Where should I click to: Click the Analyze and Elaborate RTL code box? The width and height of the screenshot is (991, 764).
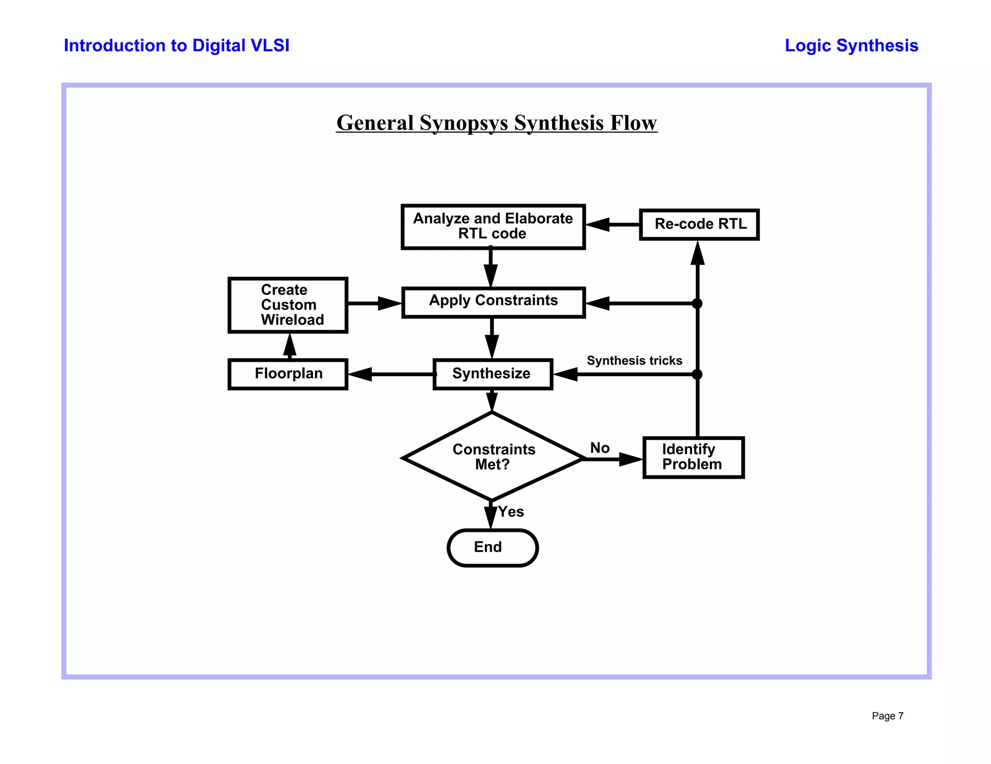493,226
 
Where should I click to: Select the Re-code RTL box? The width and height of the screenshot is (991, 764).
699,224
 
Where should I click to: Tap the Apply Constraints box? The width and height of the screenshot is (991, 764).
493,302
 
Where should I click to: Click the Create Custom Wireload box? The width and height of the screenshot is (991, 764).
288,305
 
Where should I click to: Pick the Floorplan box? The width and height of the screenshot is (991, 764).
288,374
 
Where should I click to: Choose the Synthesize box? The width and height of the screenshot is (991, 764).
493,374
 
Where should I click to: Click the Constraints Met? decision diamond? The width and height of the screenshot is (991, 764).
493,457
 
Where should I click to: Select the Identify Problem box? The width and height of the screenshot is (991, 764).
693,457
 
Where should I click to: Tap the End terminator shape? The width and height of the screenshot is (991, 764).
493,547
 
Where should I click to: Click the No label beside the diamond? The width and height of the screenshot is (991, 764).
600,448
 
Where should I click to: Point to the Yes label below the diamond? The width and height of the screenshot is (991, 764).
511,512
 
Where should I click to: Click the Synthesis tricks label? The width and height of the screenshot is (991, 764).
634,361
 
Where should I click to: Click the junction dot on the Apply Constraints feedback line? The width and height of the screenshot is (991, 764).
697,304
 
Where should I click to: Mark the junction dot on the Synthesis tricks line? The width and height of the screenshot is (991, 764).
697,374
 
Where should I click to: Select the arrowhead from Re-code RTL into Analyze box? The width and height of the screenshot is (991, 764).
598,224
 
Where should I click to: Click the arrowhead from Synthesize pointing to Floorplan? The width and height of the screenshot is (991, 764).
360,374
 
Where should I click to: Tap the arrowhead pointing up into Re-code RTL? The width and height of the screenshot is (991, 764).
697,253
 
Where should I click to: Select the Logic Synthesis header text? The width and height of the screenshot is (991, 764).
851,45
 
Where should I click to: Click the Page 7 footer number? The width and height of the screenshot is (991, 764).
887,716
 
